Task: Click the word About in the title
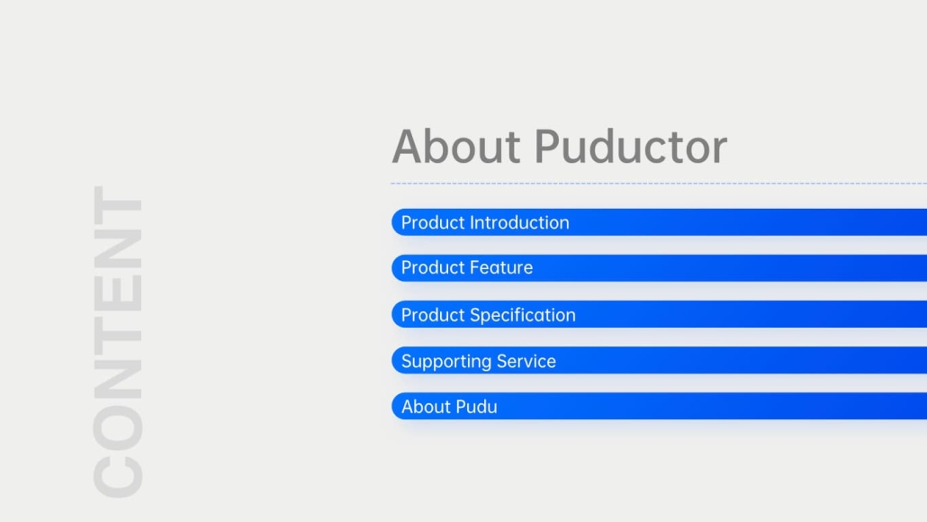[456, 146]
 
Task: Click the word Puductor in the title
[631, 146]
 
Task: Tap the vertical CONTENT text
[118, 341]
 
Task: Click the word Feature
[501, 268]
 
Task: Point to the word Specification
[523, 315]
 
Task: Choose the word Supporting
[446, 362]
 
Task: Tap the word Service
[526, 361]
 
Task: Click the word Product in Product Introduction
[433, 222]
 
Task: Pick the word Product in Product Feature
[433, 268]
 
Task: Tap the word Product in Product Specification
[433, 315]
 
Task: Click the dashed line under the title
[659, 184]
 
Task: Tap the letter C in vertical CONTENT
[118, 472]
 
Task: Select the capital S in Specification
[475, 315]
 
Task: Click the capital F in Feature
[475, 268]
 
